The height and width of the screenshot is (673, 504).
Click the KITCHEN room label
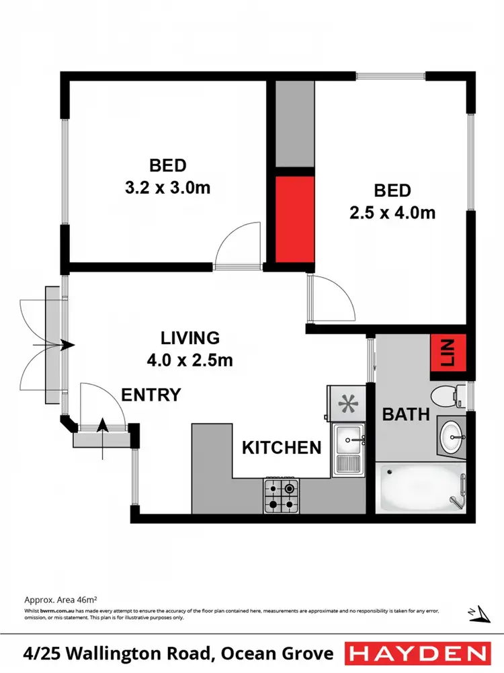tap(282, 447)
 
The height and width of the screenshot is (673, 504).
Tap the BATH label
tap(406, 413)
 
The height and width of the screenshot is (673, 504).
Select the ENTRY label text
tap(151, 395)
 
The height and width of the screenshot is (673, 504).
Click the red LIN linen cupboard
tap(448, 351)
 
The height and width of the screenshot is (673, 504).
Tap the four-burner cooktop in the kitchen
tap(282, 497)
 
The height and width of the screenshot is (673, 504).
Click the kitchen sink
tap(348, 448)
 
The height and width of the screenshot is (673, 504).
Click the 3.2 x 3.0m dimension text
tap(167, 188)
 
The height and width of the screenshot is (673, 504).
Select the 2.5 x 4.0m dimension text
tap(393, 213)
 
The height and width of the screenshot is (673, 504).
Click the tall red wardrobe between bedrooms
tap(294, 219)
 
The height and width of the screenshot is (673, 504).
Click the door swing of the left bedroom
tap(237, 245)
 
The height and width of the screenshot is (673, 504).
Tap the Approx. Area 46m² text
tap(61, 598)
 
